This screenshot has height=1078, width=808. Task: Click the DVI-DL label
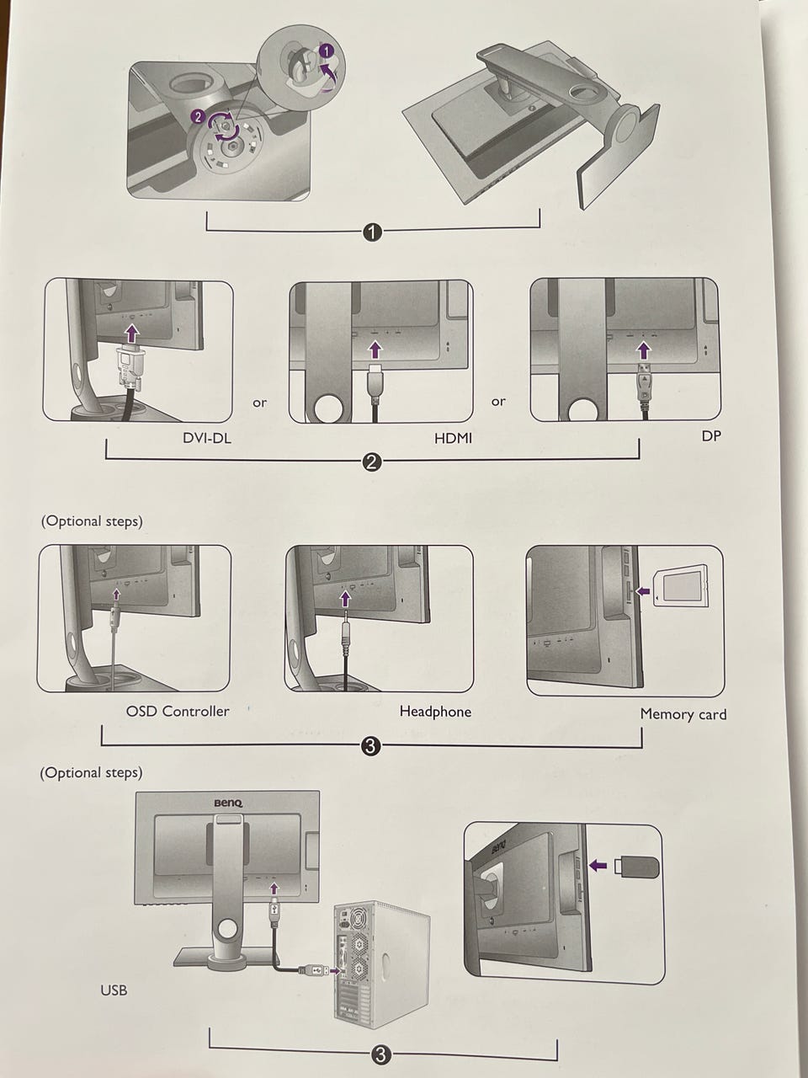(207, 438)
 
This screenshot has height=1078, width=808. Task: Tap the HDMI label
(454, 439)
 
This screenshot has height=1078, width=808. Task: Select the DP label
(711, 435)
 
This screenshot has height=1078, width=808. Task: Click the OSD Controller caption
(178, 711)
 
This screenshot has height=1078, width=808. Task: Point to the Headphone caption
(435, 712)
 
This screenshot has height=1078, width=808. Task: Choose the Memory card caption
(683, 714)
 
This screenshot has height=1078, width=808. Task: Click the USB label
(114, 990)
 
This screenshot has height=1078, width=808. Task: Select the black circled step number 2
(371, 462)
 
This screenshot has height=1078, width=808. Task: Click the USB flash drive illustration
(641, 865)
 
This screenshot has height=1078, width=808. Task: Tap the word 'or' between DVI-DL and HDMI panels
(260, 403)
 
